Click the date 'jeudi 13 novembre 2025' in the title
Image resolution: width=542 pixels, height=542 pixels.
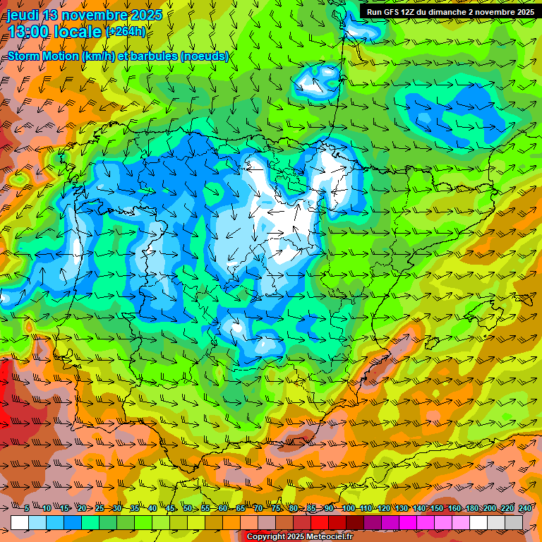point(85,15)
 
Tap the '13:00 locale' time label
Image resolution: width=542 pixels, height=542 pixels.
point(54,32)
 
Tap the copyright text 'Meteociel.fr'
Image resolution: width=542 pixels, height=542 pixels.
point(324,537)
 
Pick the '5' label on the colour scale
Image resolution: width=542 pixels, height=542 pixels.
point(26,508)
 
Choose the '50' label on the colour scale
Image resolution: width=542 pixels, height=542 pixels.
point(187,508)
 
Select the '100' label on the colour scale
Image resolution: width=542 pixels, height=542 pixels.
point(348,508)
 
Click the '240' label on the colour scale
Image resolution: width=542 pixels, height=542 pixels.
point(524,508)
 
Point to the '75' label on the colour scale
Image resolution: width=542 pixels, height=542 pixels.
point(277,508)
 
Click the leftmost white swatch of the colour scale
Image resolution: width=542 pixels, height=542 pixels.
point(20,522)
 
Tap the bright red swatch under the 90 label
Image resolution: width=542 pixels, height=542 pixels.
point(320,522)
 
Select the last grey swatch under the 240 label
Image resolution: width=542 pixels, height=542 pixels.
point(514,522)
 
